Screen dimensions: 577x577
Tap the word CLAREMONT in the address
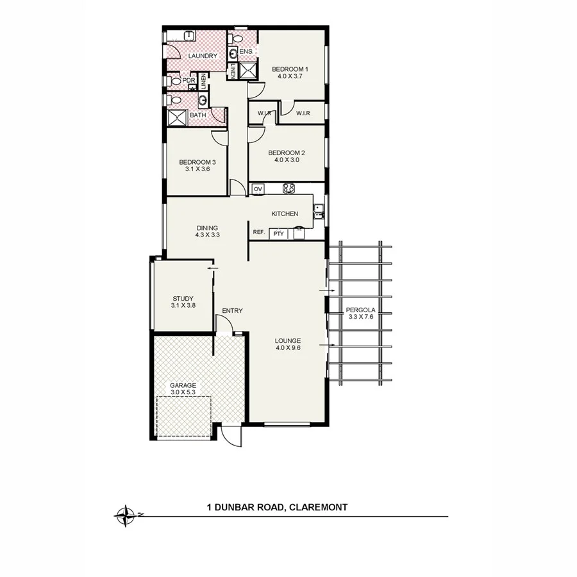[x=319, y=507]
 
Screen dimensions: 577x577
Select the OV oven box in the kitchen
[x=258, y=189]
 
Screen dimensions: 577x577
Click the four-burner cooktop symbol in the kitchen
[x=288, y=188]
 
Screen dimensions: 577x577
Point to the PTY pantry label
[x=278, y=234]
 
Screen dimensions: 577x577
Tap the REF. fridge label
[x=259, y=232]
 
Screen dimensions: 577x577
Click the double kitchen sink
[x=318, y=211]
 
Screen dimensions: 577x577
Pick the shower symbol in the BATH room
[x=176, y=117]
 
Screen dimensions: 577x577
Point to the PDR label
[x=188, y=81]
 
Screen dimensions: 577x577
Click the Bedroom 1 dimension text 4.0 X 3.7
[x=290, y=76]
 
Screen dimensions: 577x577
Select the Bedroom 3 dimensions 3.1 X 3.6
[x=197, y=170]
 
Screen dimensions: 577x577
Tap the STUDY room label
[x=183, y=298]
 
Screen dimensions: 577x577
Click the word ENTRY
[x=232, y=311]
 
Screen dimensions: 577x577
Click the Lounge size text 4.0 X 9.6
[x=288, y=348]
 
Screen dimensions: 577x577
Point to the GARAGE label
[x=182, y=385]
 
